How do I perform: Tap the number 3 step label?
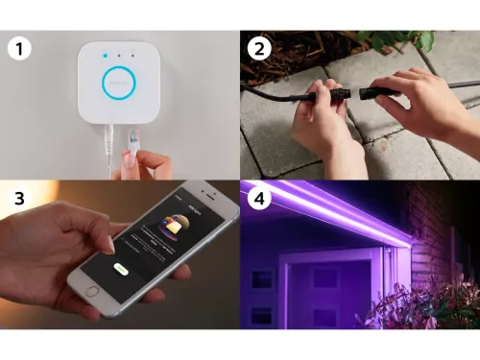point(16,201)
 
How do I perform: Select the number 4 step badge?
point(257,201)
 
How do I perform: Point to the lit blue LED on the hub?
point(104,56)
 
